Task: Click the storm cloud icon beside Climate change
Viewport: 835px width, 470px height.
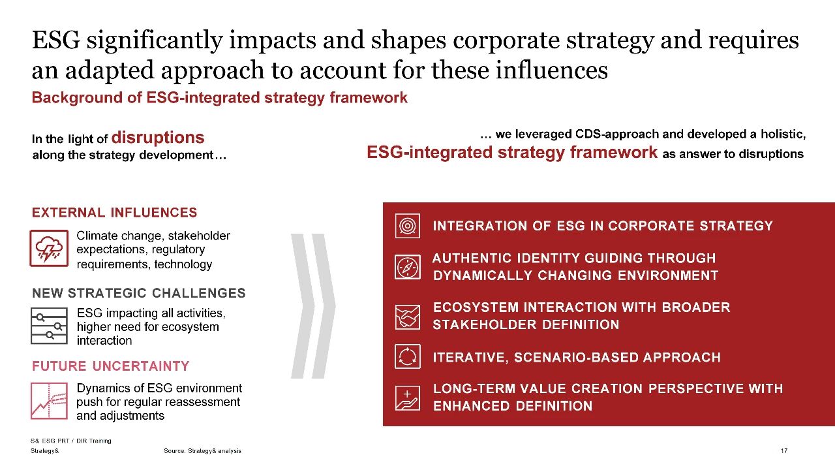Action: click(x=49, y=248)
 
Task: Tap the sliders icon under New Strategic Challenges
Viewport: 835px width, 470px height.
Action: click(x=49, y=326)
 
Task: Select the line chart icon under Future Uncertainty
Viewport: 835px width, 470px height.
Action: click(x=49, y=401)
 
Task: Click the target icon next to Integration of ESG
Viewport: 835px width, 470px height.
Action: click(x=408, y=226)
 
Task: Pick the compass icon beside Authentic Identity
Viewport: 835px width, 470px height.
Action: click(x=408, y=267)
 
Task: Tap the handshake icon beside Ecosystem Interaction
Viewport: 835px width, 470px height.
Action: click(x=408, y=317)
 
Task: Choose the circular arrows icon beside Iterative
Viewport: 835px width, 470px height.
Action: click(x=408, y=356)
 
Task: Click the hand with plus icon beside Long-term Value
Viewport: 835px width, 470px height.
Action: click(x=408, y=398)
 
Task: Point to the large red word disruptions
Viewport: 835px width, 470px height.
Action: click(x=158, y=137)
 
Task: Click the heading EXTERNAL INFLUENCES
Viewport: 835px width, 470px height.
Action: click(x=114, y=212)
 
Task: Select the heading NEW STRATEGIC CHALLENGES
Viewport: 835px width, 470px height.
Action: click(x=139, y=293)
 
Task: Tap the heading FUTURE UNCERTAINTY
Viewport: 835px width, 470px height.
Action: click(x=111, y=366)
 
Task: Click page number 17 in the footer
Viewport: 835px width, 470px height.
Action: click(x=784, y=450)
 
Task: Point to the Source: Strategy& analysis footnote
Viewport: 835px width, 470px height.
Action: click(x=202, y=450)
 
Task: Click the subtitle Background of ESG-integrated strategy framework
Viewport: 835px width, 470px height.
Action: click(x=220, y=97)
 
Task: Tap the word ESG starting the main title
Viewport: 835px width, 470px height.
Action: click(x=56, y=40)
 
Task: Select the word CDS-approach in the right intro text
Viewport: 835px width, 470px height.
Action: click(x=617, y=134)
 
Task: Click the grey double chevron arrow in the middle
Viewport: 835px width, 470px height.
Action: click(x=313, y=306)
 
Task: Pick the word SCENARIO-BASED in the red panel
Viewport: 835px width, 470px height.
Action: click(x=576, y=357)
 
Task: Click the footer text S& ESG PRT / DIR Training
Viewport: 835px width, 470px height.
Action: click(x=71, y=441)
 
